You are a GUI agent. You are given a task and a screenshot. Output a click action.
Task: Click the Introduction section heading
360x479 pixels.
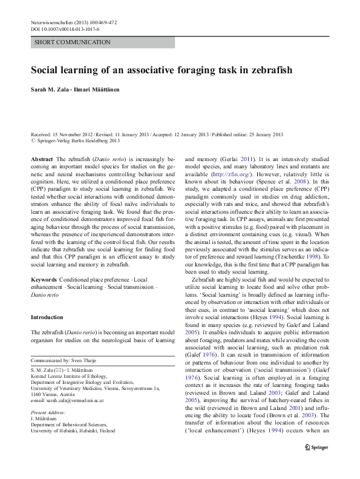pyautogui.click(x=47, y=317)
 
